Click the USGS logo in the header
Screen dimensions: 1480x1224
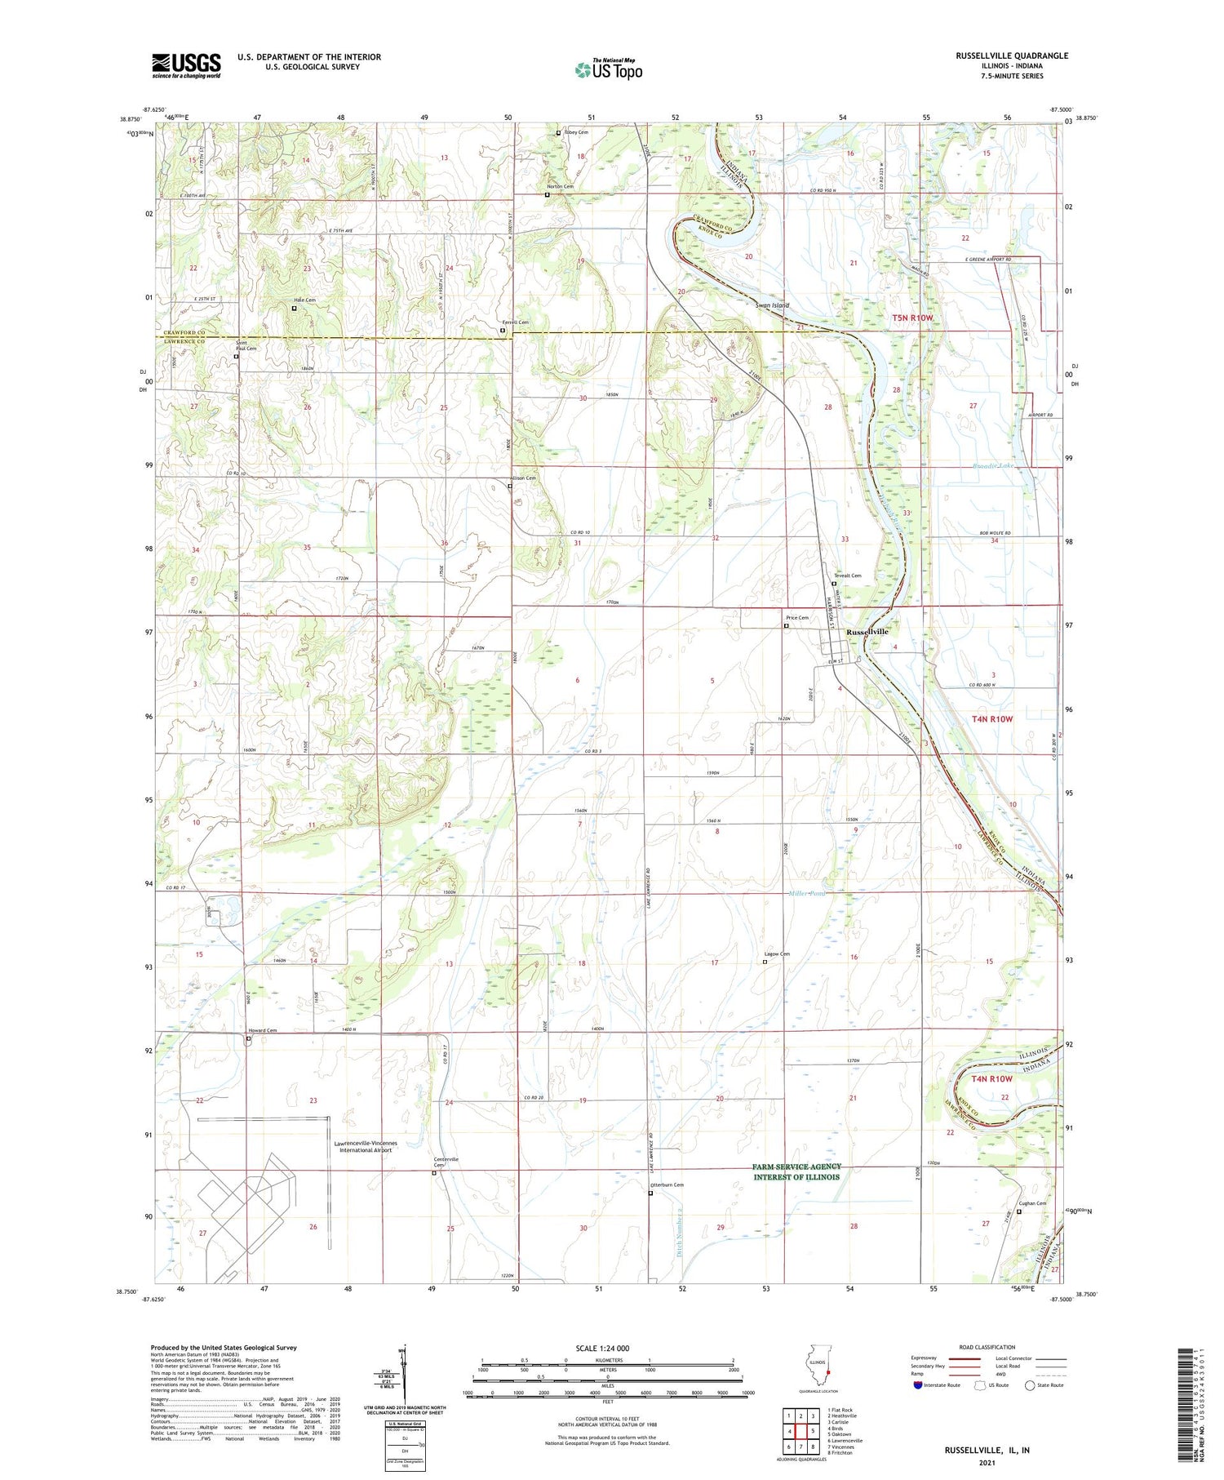click(x=186, y=65)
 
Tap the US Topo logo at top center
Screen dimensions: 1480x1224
click(x=608, y=69)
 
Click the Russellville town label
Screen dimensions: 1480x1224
click(x=867, y=632)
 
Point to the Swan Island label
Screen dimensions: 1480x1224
click(x=772, y=305)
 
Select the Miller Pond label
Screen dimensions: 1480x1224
click(x=808, y=893)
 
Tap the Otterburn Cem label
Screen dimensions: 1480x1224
click(x=667, y=1184)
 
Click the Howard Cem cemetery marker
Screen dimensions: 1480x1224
click(x=249, y=1039)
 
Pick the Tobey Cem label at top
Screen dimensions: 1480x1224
click(x=575, y=132)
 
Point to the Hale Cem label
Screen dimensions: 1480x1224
click(x=305, y=300)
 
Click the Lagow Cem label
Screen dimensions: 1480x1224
click(x=776, y=953)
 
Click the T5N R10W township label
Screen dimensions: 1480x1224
click(x=911, y=318)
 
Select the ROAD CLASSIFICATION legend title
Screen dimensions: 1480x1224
click(x=987, y=1347)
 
